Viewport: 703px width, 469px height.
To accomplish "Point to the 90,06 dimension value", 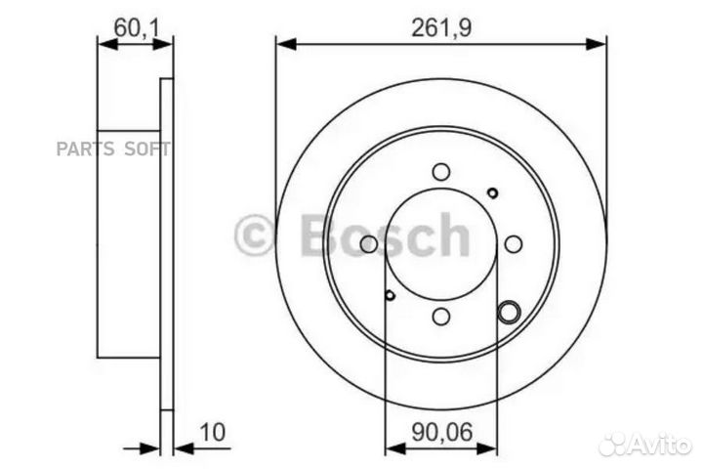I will point(441,430).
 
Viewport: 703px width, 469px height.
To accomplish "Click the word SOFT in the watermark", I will point(146,149).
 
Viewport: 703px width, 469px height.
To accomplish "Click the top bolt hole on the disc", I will point(441,172).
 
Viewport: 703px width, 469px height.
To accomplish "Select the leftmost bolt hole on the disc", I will point(369,243).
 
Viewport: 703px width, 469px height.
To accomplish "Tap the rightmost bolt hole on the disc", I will point(514,243).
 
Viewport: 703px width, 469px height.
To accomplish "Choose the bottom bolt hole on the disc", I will point(441,316).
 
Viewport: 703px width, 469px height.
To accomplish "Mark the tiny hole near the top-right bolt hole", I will point(492,192).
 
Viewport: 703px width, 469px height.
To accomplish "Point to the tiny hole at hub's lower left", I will point(390,294).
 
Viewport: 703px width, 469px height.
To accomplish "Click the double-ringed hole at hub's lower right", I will point(509,312).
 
